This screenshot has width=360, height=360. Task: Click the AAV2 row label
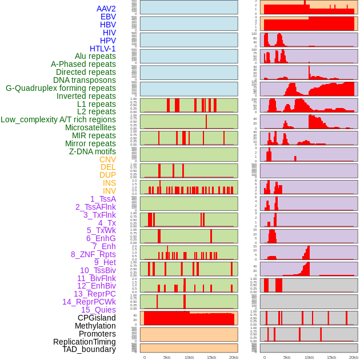tap(106, 9)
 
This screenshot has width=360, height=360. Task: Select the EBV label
tap(108, 17)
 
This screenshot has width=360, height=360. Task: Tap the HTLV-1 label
tap(102, 49)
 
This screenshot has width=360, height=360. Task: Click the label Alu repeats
tap(95, 56)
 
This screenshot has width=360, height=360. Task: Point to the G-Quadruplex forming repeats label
tap(61, 88)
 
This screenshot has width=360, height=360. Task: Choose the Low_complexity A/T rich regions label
tap(58, 119)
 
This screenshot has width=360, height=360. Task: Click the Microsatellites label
tap(90, 127)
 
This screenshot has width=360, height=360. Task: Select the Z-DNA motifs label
tap(93, 151)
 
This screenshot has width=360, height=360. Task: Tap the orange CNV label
tap(107, 159)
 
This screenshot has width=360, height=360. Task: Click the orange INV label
tap(109, 191)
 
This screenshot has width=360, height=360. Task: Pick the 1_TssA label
tap(103, 199)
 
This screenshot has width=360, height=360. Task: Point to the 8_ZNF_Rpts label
tap(93, 254)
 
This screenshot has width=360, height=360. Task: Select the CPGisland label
tap(97, 318)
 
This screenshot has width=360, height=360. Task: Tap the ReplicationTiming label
tap(84, 342)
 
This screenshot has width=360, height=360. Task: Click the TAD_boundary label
tap(89, 349)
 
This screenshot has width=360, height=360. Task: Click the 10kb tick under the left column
tap(189, 357)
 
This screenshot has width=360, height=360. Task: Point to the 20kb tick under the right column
tap(353, 357)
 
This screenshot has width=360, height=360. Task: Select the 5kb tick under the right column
tap(286, 357)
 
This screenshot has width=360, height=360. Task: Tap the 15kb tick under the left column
tap(211, 357)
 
